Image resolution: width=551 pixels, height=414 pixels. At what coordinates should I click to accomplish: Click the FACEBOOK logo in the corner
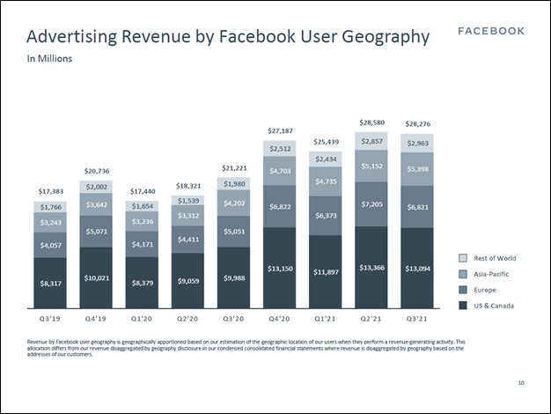(x=491, y=31)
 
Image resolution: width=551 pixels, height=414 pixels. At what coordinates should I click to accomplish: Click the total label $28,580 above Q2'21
(x=371, y=122)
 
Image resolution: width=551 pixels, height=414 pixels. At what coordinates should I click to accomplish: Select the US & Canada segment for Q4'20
(x=280, y=268)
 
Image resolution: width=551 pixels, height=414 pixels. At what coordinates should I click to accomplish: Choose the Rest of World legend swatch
(x=463, y=258)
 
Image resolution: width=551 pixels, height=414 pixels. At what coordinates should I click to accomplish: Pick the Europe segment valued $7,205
(x=371, y=203)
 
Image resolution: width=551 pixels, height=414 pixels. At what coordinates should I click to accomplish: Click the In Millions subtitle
(x=49, y=59)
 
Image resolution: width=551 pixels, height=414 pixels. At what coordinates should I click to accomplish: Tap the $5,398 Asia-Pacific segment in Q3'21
(x=417, y=168)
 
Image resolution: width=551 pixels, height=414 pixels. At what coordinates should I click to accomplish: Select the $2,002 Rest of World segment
(x=96, y=187)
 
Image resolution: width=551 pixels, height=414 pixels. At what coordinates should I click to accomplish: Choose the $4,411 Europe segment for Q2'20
(x=187, y=239)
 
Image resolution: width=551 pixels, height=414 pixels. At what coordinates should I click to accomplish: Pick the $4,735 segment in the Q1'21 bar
(x=326, y=181)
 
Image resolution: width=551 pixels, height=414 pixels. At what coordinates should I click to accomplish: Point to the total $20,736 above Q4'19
(x=96, y=171)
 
